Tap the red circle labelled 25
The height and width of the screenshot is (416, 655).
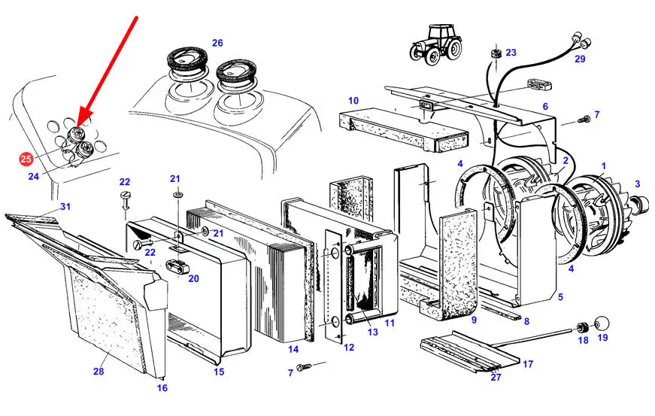26,159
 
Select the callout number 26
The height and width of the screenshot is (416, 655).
217,43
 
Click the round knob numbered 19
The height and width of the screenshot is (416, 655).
602,323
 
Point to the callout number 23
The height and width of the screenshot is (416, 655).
511,53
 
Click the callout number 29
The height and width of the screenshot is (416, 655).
580,59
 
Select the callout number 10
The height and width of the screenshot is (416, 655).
353,100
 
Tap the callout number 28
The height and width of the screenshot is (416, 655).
98,371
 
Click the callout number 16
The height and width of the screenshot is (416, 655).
162,388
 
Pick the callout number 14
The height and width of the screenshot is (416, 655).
293,349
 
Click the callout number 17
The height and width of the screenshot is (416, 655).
528,364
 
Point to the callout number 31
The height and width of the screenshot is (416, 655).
65,207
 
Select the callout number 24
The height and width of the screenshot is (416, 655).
34,177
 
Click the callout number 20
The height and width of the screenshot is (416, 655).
193,278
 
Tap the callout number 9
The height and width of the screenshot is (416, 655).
474,320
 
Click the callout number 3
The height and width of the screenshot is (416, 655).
638,184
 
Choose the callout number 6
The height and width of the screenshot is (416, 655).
545,107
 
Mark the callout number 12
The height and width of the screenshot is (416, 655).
349,347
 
